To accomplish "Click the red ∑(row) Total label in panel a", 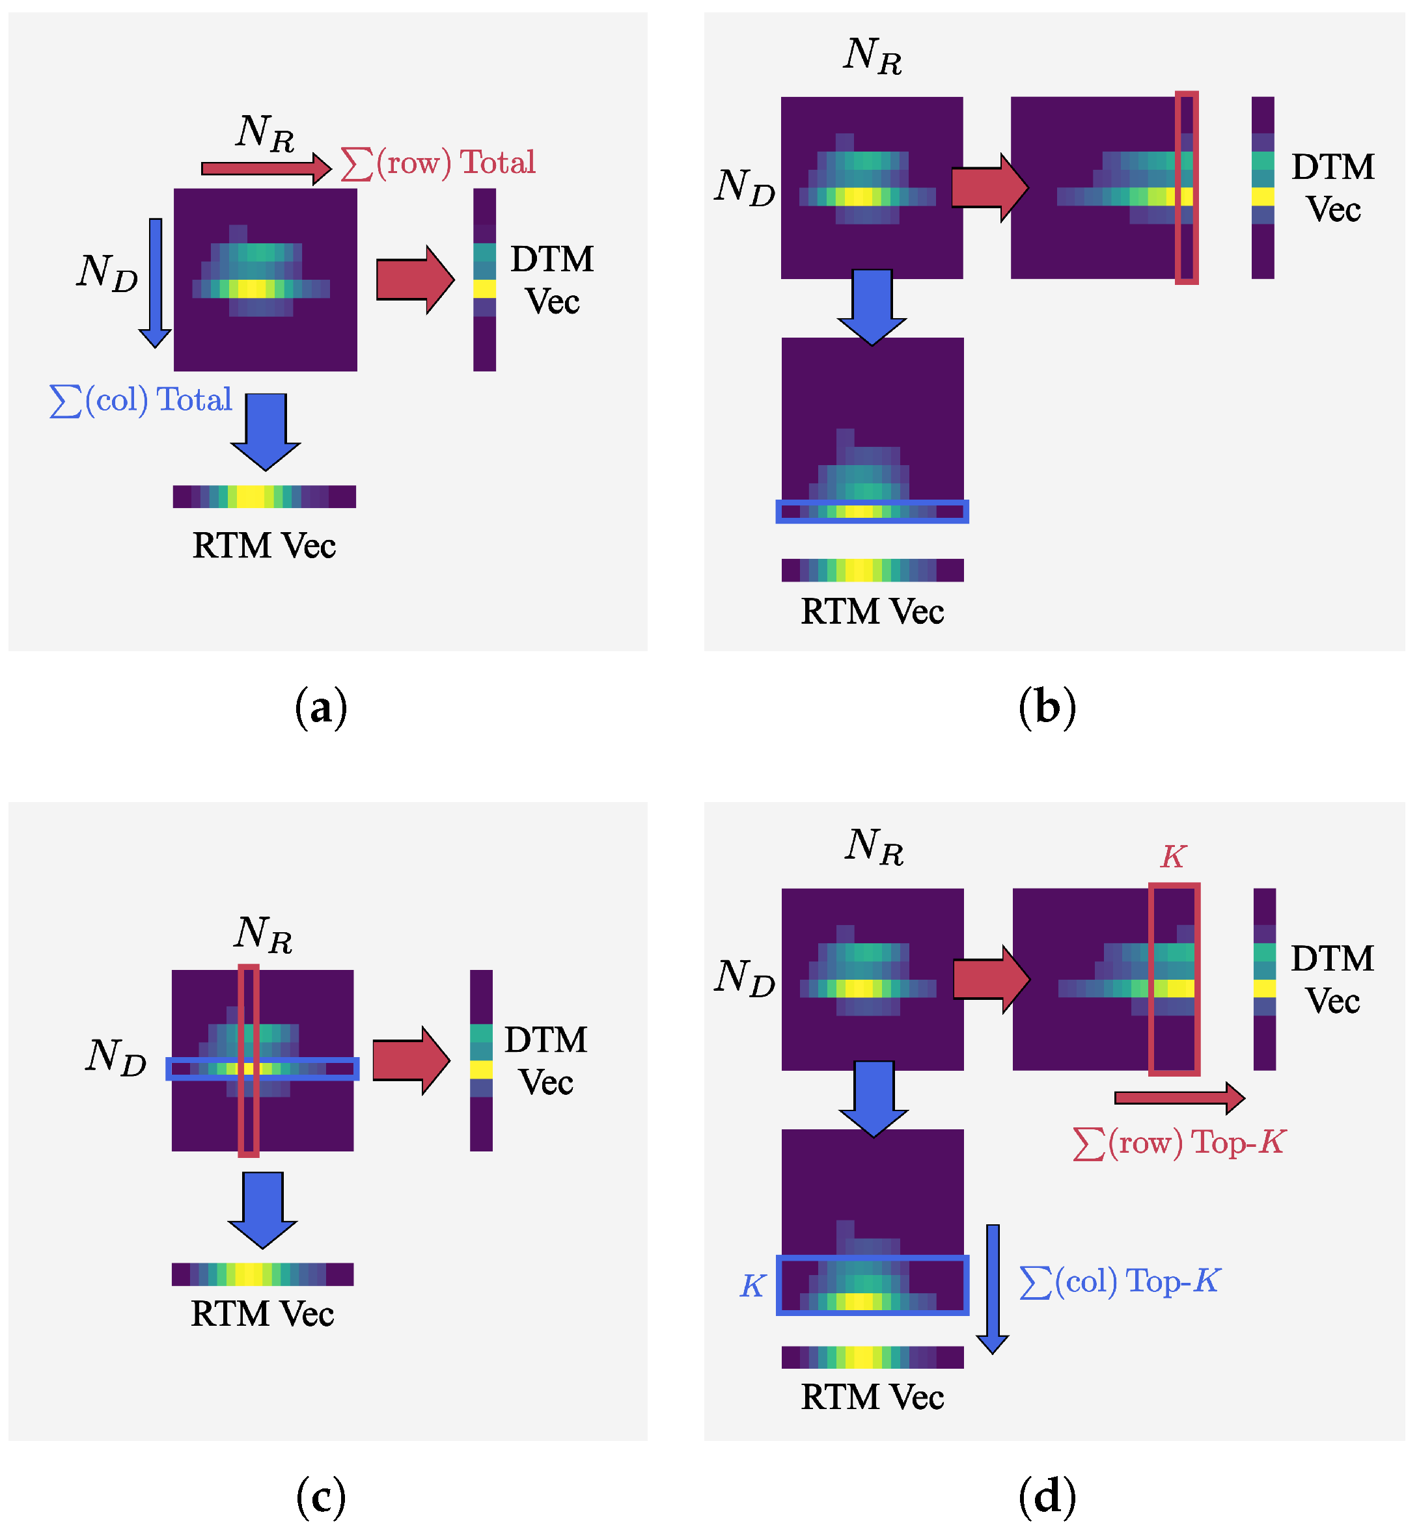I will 437,163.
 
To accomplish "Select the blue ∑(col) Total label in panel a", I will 141,401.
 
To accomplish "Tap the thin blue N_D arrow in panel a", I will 155,282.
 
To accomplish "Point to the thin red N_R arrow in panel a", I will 266,168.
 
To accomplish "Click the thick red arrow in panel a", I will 415,279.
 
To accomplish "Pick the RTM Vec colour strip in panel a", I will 264,496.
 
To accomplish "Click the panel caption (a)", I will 321,707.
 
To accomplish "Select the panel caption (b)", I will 1047,707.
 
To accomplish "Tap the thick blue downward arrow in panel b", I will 872,306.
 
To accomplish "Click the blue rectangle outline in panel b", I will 872,512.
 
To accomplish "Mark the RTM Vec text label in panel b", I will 872,611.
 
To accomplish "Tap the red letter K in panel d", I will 1174,857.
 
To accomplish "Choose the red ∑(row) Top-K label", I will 1179,1144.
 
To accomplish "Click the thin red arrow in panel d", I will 1179,1098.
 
